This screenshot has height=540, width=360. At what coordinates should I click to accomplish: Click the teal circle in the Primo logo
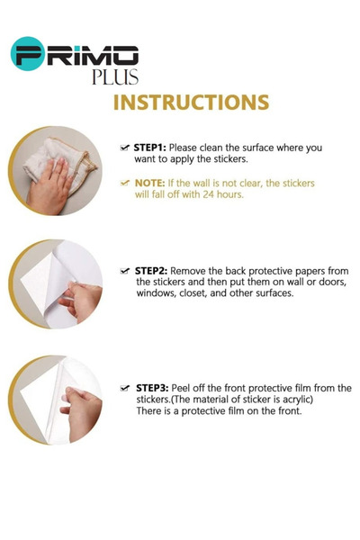click(28, 54)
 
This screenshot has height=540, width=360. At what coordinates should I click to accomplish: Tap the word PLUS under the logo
click(115, 76)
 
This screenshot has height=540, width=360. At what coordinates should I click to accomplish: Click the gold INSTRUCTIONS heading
click(191, 103)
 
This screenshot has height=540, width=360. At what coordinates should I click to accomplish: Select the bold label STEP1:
click(150, 148)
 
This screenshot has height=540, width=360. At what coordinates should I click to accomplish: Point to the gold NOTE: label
click(150, 183)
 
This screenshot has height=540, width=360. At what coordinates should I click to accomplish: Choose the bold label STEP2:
click(151, 271)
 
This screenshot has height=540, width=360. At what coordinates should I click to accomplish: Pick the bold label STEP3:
click(152, 388)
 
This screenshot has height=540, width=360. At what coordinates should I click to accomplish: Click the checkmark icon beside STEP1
click(125, 148)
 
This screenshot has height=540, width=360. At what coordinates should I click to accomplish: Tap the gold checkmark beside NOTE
click(125, 183)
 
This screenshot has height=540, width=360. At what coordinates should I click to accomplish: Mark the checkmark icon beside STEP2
click(125, 271)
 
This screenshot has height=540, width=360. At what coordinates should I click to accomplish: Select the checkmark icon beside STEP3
click(125, 388)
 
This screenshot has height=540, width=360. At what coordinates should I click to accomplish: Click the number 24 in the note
click(209, 194)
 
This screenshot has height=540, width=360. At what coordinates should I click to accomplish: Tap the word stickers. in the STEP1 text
click(230, 159)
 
